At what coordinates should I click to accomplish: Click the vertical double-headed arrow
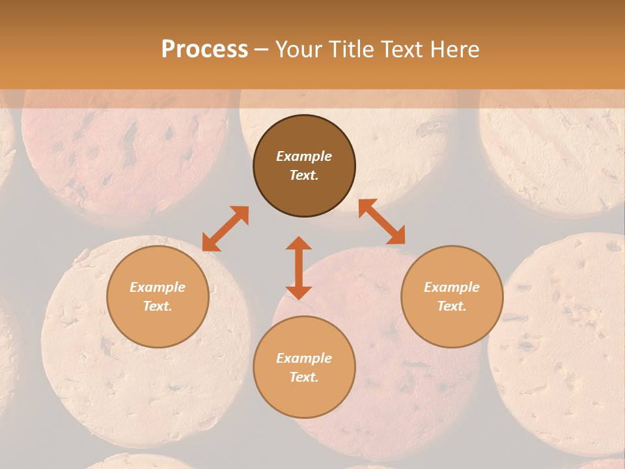[x=299, y=268]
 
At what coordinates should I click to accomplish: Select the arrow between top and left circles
[x=225, y=229]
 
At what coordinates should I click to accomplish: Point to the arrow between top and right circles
[x=382, y=221]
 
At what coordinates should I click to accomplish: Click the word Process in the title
[x=204, y=49]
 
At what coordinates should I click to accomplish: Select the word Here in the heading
[x=453, y=49]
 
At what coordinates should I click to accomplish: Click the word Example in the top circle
[x=304, y=156]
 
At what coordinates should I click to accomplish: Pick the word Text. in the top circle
[x=304, y=175]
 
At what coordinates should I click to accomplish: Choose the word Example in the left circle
[x=158, y=287]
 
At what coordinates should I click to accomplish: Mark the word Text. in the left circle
[x=158, y=306]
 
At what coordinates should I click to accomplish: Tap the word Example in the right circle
[x=452, y=287]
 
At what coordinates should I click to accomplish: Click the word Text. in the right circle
[x=452, y=306]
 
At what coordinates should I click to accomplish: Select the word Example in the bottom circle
[x=304, y=358]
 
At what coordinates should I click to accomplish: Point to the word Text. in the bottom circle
[x=304, y=377]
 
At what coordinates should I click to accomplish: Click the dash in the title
[x=261, y=50]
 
